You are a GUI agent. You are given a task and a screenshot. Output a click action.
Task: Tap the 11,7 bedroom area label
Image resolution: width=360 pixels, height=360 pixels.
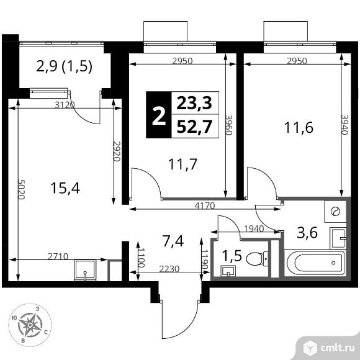point(183,164)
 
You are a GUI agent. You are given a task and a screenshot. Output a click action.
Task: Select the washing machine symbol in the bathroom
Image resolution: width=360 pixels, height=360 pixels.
point(335,211)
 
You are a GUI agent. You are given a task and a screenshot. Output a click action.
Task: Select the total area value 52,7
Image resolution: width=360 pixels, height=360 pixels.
point(194,126)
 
